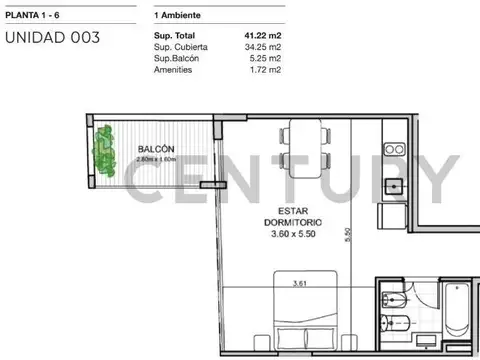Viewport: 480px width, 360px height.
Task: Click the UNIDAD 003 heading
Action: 52,37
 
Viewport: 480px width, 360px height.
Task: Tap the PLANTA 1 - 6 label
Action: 32,15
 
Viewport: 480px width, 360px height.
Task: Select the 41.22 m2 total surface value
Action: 263,35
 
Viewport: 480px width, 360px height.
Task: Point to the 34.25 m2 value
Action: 263,47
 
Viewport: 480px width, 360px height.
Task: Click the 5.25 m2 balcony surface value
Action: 265,58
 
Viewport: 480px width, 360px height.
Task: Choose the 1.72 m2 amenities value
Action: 265,69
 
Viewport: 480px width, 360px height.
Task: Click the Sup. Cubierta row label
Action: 181,47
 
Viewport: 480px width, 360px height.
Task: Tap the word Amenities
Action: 173,70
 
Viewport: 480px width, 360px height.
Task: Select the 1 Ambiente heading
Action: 177,15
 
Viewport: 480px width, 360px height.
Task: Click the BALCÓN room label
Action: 156,149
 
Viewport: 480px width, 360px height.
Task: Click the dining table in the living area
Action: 305,149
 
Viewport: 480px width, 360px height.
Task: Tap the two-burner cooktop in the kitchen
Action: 395,149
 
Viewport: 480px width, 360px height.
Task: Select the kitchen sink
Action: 394,187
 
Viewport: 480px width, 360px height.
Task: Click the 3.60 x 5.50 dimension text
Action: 293,234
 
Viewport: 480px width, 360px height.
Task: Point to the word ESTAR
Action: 293,211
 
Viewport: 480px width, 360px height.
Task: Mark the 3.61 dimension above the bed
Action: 299,283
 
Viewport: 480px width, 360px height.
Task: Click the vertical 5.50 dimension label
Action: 348,235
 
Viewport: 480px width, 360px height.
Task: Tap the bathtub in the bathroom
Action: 457,310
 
